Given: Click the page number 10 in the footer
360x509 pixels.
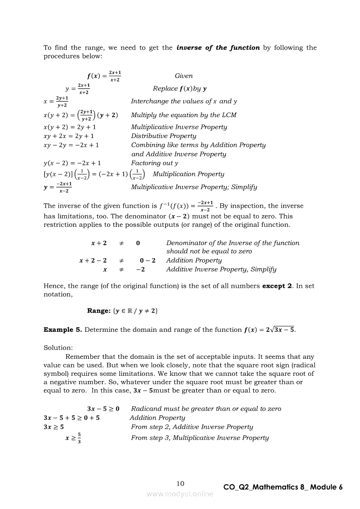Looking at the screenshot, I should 180,483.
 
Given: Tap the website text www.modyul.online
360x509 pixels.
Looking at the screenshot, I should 180,494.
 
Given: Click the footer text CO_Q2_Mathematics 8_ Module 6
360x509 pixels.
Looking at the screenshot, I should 283,487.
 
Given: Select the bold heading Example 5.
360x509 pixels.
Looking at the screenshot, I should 62,330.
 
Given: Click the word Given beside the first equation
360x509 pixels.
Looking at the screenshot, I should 183,76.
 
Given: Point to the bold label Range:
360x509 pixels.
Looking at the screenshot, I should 98,310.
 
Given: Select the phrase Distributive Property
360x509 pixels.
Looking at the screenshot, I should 163,136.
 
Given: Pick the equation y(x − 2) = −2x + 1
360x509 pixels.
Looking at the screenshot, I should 72,163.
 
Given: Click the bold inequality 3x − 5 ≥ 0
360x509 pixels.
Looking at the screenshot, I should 103,408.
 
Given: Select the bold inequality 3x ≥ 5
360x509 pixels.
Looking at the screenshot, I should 54,427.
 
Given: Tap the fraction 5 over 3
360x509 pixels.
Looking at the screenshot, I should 78,438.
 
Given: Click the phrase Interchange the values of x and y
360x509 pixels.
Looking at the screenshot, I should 184,101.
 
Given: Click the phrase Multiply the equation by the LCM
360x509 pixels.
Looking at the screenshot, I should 183,115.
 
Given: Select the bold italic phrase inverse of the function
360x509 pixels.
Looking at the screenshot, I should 218,47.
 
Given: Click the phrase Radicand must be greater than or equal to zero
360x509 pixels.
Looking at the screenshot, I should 206,408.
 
